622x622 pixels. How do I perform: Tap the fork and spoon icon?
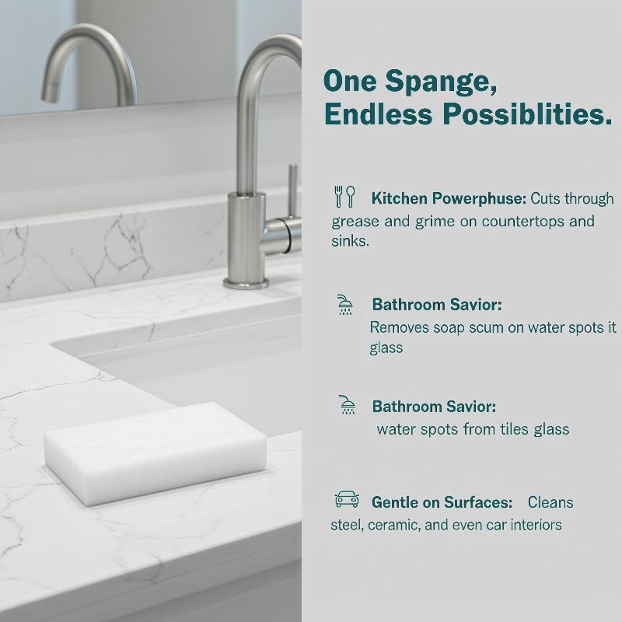pos(344,197)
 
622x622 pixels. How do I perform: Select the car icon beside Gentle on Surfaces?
pos(347,499)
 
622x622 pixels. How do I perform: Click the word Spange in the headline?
pos(441,82)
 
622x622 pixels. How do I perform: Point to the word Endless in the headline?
pos(378,114)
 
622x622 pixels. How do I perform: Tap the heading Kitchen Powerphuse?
pos(449,198)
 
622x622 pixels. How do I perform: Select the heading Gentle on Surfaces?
pos(442,502)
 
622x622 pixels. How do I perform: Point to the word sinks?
pos(351,241)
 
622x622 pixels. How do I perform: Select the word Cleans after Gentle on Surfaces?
pos(550,502)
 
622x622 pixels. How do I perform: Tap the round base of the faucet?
pos(246,283)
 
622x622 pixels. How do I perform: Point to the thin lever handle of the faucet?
pos(293,190)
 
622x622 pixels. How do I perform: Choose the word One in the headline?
pos(350,81)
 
